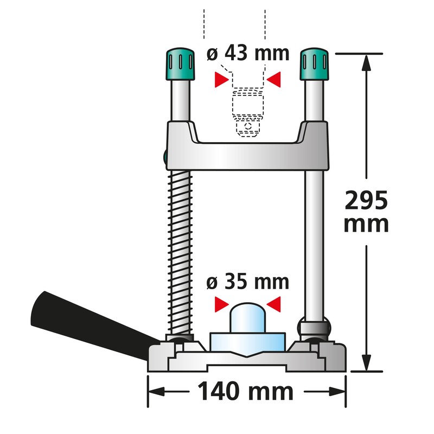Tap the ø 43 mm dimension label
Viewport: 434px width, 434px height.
[248, 55]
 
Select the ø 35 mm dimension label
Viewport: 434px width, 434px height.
[248, 282]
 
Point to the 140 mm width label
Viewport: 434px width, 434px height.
[245, 391]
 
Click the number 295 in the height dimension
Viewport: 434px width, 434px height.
[367, 202]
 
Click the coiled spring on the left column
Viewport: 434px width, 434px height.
[181, 250]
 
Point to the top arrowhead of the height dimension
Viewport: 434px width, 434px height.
[367, 60]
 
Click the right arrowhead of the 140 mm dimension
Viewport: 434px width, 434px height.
[341, 391]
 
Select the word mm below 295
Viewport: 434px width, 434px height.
[366, 224]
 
